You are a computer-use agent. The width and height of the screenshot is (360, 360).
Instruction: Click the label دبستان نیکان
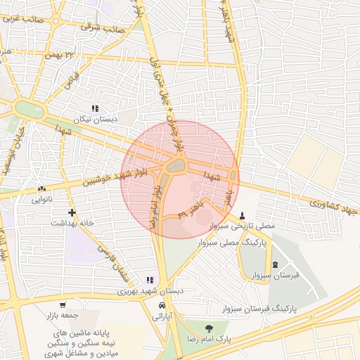point(94,120)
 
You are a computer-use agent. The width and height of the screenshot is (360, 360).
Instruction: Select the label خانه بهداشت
point(72,223)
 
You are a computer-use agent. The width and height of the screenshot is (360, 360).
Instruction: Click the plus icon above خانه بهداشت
point(72,212)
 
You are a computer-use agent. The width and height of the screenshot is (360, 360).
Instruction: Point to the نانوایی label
point(42,200)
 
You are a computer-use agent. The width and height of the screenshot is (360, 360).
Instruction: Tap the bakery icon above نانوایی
point(42,188)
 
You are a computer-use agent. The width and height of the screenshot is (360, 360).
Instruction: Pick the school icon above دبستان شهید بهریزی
point(149,279)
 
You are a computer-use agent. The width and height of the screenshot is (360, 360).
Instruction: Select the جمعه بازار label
point(64,316)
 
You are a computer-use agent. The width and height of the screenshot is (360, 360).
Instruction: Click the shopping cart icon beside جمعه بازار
point(63,306)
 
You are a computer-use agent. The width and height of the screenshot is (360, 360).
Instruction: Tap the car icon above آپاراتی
point(163,307)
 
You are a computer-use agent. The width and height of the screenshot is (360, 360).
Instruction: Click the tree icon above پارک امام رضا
point(209,328)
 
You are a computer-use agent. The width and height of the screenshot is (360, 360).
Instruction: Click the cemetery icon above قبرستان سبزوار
point(275,264)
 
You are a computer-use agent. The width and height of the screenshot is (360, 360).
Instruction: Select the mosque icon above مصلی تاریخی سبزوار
point(243,215)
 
